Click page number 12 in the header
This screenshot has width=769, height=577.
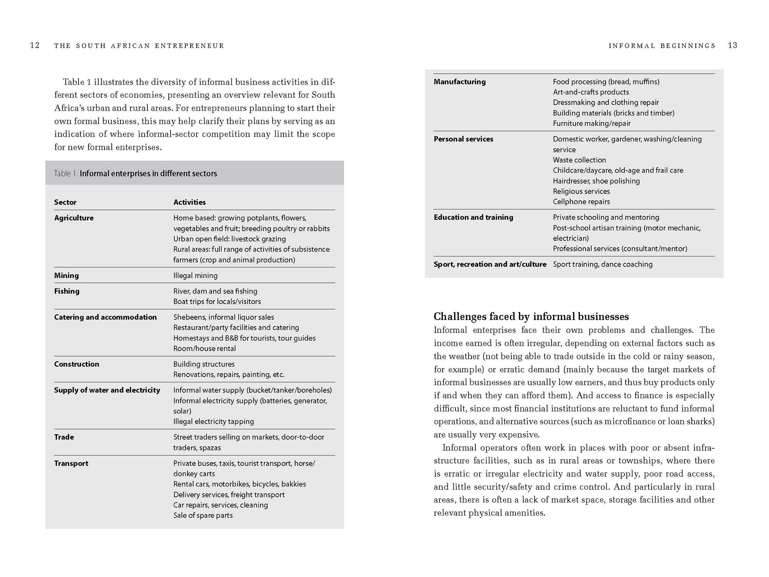coord(35,45)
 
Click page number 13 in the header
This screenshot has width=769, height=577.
coord(733,45)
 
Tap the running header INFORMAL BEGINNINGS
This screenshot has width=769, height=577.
coord(662,46)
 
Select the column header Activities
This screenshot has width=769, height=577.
coord(189,202)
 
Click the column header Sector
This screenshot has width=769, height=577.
coord(65,202)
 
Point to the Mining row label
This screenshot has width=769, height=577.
coord(66,275)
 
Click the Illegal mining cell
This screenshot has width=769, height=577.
coord(195,276)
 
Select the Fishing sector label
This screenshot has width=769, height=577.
coord(67,291)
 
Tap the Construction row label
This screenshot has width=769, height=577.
coord(76,364)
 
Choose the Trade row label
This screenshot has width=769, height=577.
coord(64,437)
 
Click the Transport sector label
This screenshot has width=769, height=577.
coord(71,463)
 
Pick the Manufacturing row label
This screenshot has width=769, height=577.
coord(459,82)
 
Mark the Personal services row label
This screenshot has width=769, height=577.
coord(463,139)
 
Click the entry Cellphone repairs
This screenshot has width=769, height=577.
coord(581,202)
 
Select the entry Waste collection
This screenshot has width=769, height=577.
coord(579,160)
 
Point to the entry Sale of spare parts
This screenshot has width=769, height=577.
coord(203,516)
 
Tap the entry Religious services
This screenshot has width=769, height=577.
coord(581,192)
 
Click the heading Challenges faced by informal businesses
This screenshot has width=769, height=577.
coord(531,317)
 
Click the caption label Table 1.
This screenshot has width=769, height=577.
coord(66,174)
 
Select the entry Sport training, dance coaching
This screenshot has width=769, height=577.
coord(603,264)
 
